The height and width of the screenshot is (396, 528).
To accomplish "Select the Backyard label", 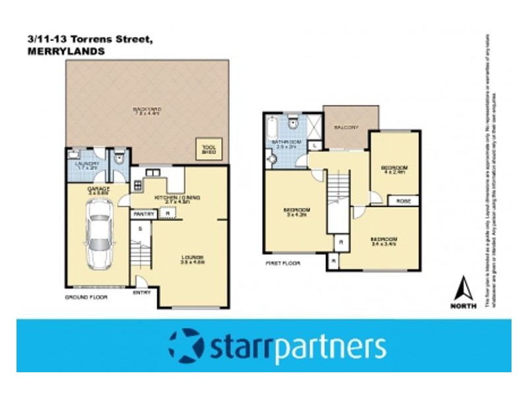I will [146, 111].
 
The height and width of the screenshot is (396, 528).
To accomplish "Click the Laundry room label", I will [87, 166].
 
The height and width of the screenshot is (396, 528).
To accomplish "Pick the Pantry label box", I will [144, 214].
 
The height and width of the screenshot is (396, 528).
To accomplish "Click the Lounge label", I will [193, 259].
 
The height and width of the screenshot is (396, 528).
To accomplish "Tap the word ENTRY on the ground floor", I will [142, 292].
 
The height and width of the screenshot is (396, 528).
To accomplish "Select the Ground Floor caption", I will [86, 298].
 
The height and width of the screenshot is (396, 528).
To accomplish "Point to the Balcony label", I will [346, 127].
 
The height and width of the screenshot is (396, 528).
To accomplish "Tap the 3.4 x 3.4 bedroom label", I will [383, 240].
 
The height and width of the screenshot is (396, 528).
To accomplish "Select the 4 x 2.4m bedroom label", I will [395, 170].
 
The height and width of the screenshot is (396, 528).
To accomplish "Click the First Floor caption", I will [282, 263].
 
